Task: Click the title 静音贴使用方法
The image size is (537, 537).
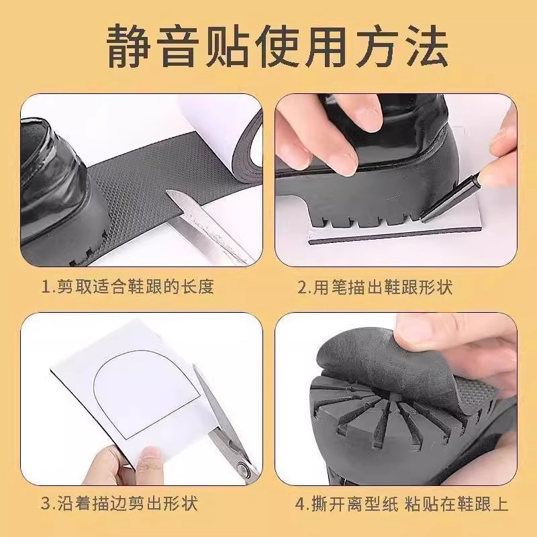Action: pyautogui.click(x=268, y=45)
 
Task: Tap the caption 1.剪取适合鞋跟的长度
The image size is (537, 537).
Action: pyautogui.click(x=128, y=287)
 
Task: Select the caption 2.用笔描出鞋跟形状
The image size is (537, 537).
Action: pyautogui.click(x=376, y=287)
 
